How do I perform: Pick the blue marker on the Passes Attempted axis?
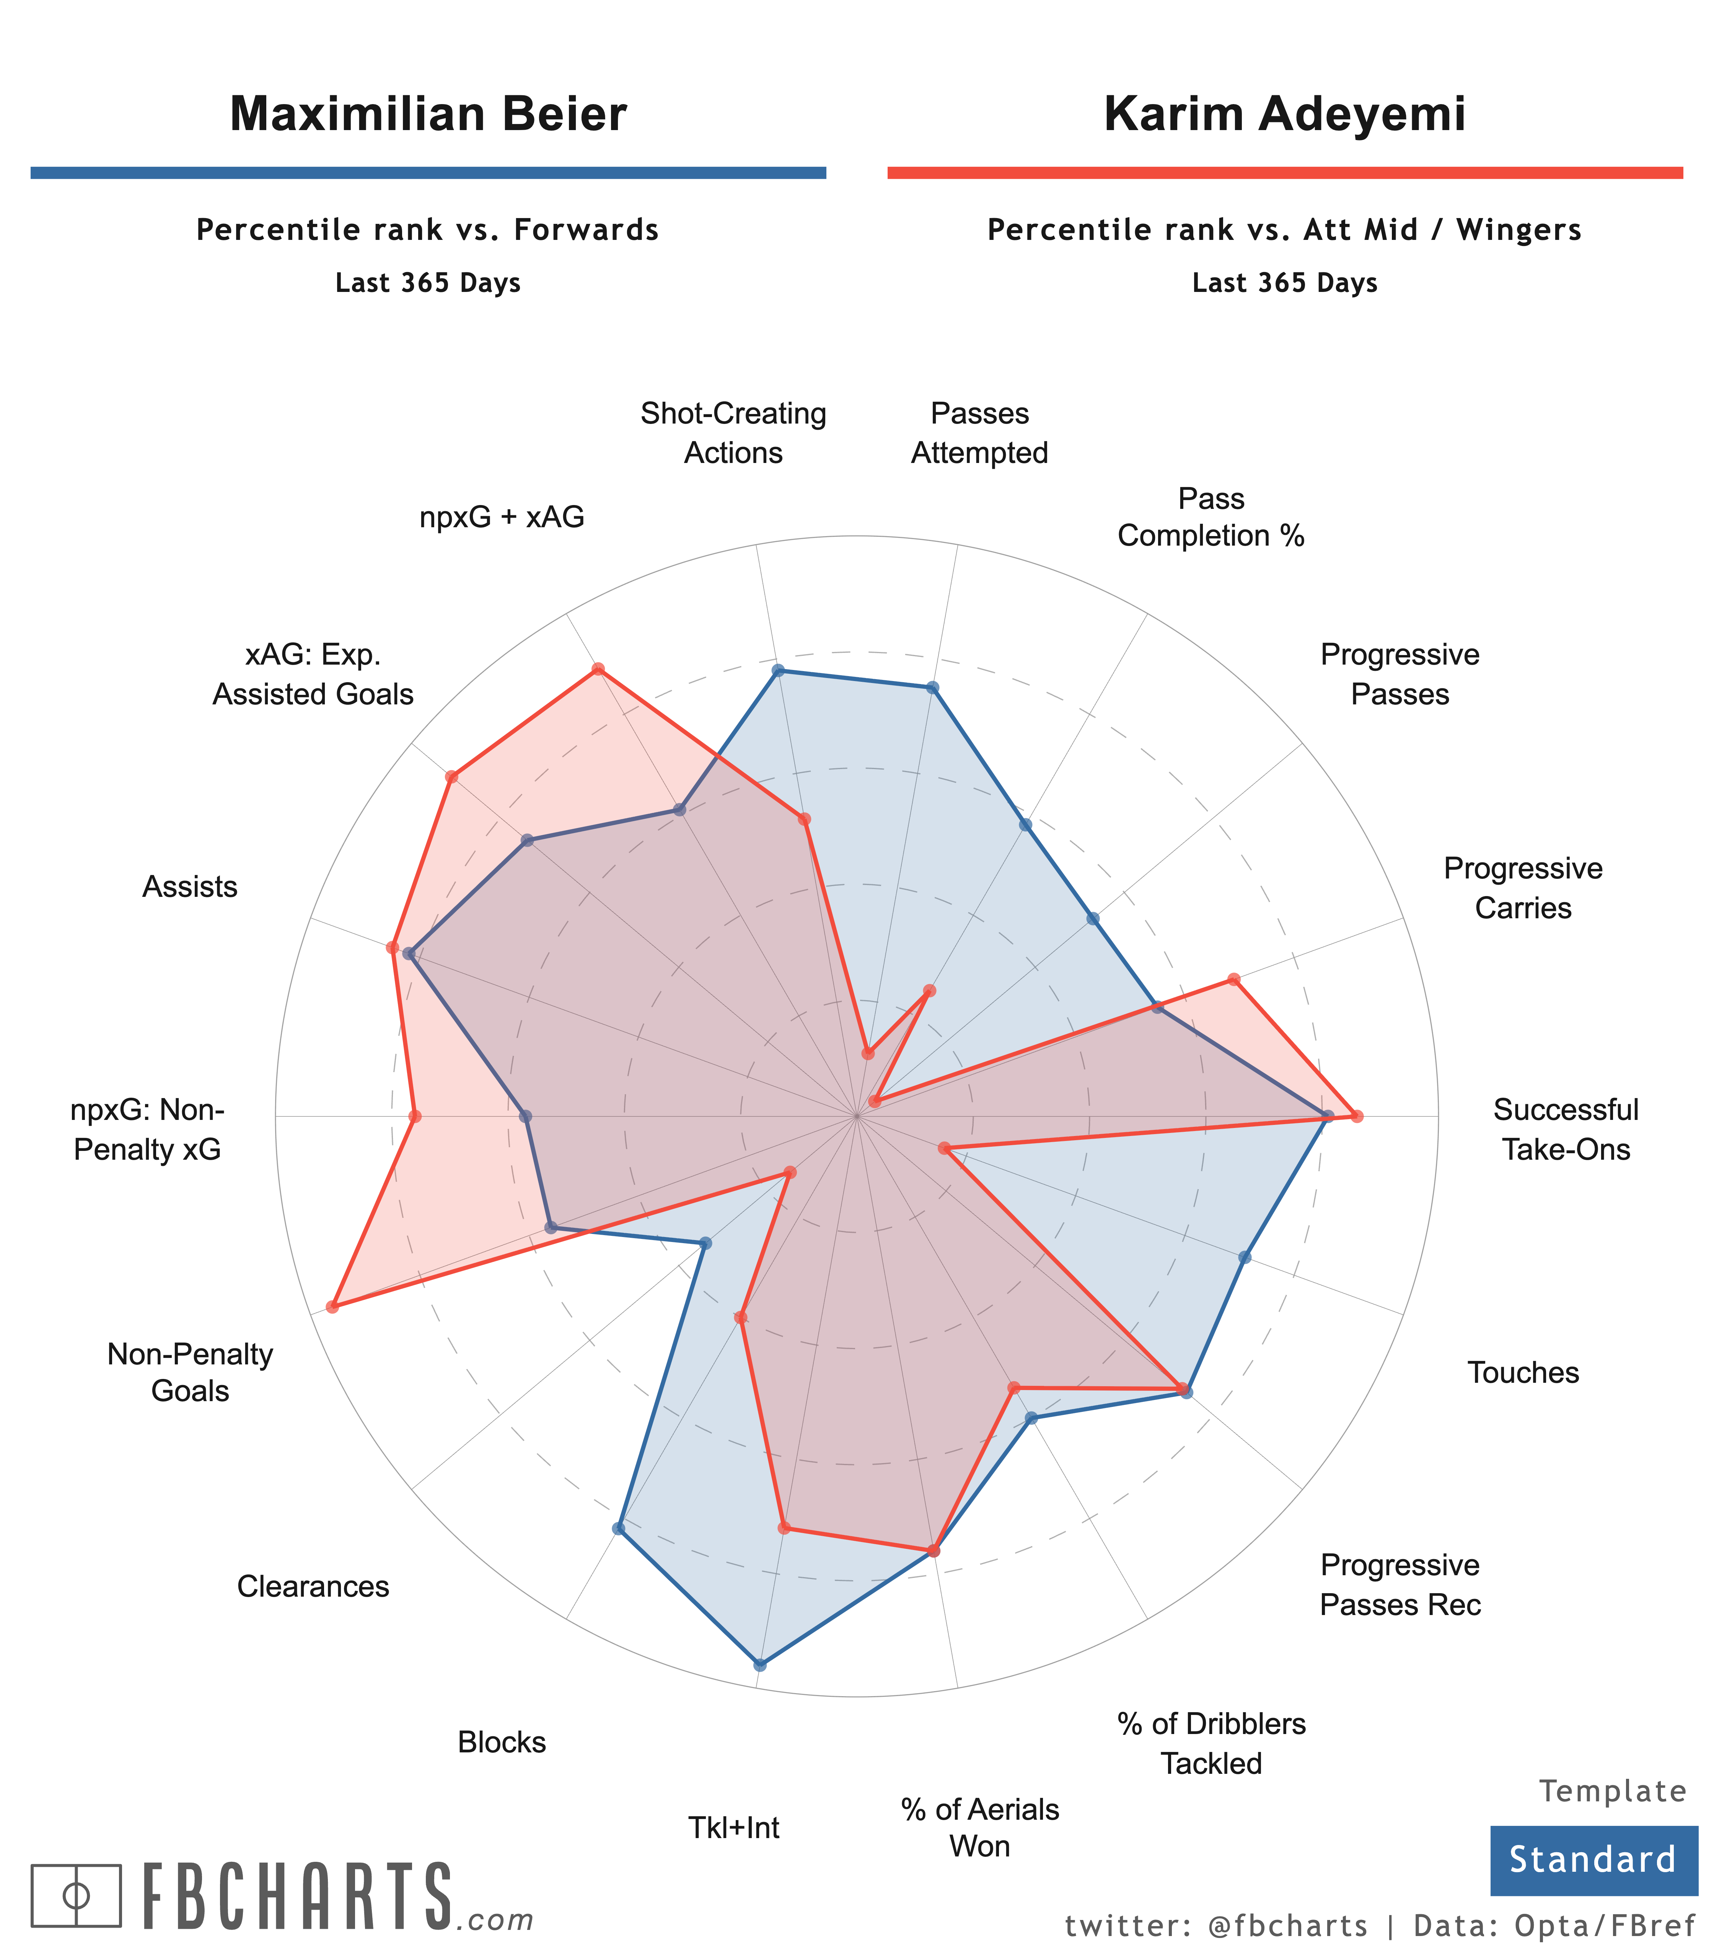tap(933, 688)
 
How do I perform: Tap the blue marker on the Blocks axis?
tap(618, 1529)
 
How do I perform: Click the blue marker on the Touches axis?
tap(1244, 1257)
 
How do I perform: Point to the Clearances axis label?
tap(313, 1587)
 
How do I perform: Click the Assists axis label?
tap(189, 887)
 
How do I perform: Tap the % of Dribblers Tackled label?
tap(1211, 1743)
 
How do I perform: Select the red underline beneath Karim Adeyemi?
tap(1285, 172)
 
